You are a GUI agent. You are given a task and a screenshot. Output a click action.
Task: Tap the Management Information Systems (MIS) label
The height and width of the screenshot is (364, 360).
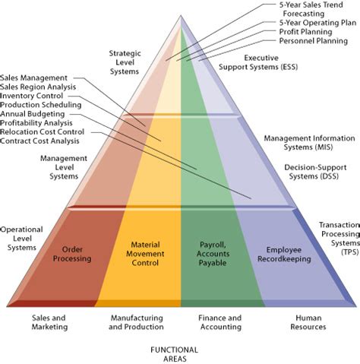pyautogui.click(x=304, y=143)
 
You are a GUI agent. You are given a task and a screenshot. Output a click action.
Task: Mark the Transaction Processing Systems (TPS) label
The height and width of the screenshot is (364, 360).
pyautogui.click(x=338, y=238)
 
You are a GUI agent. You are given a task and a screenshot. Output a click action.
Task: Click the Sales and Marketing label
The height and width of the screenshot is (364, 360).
pyautogui.click(x=51, y=322)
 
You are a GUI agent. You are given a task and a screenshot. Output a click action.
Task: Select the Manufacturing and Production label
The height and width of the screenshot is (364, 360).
pyautogui.click(x=137, y=322)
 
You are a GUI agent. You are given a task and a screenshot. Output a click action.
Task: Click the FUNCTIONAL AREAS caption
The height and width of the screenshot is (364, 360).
pyautogui.click(x=175, y=354)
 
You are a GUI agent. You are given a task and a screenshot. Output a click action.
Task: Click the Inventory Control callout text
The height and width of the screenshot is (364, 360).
pyautogui.click(x=32, y=96)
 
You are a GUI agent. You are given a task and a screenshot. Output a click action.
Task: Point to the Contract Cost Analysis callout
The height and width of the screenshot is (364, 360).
pyautogui.click(x=39, y=141)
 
